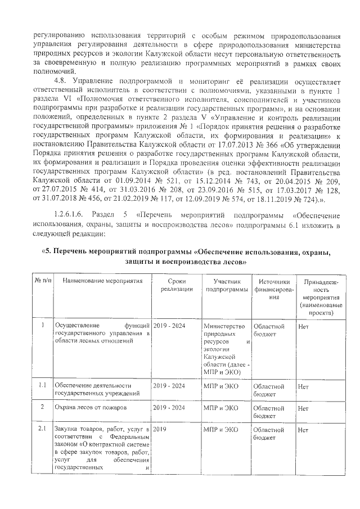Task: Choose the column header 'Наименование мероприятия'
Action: coord(102,281)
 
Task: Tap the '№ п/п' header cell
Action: coord(43,281)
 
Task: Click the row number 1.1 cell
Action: coord(42,386)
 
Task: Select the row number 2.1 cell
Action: coord(42,430)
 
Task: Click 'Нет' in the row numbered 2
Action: coord(303,407)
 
